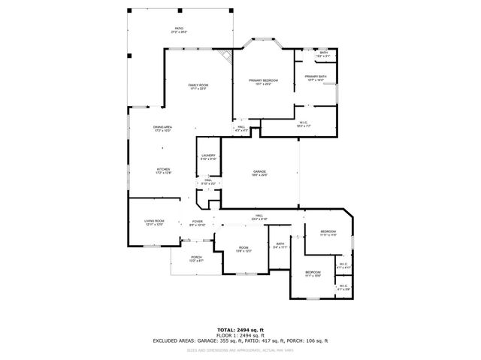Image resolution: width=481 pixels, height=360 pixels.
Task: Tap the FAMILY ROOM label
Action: [x=198, y=86]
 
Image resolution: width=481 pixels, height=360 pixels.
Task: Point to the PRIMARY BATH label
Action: [x=315, y=77]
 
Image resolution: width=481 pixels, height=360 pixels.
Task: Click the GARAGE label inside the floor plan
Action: [x=259, y=173]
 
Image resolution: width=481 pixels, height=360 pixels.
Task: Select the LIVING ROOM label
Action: [x=154, y=222]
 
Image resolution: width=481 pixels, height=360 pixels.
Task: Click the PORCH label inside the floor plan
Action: [x=196, y=259]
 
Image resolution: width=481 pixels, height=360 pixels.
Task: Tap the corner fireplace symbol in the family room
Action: [x=225, y=56]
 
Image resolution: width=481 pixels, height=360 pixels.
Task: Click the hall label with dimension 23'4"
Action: [x=259, y=217]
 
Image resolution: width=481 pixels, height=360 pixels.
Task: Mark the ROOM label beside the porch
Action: [x=244, y=249]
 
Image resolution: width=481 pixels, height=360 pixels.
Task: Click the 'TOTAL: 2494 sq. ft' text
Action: [x=240, y=329]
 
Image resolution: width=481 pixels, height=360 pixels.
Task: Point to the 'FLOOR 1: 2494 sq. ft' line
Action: [x=240, y=335]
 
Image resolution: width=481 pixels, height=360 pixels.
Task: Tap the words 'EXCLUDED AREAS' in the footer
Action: [x=174, y=341]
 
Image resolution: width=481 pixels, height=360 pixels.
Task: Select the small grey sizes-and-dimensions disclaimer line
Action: [x=240, y=349]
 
